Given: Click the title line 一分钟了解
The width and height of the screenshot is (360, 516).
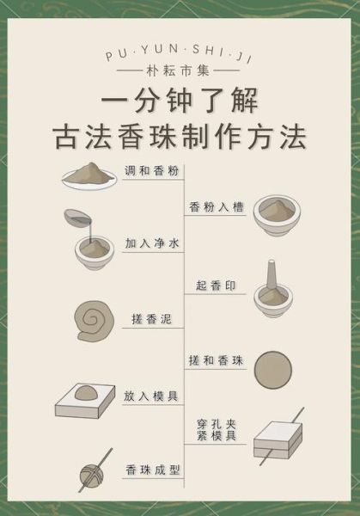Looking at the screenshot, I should (180, 101).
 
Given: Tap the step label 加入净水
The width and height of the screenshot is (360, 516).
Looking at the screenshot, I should (151, 244).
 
